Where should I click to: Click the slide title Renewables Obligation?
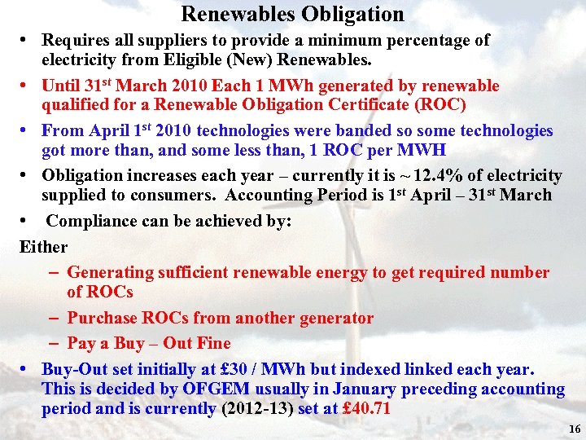click(x=292, y=14)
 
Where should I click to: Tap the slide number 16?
click(x=575, y=429)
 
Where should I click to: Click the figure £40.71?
click(x=366, y=409)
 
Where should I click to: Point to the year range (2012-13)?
click(x=257, y=409)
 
